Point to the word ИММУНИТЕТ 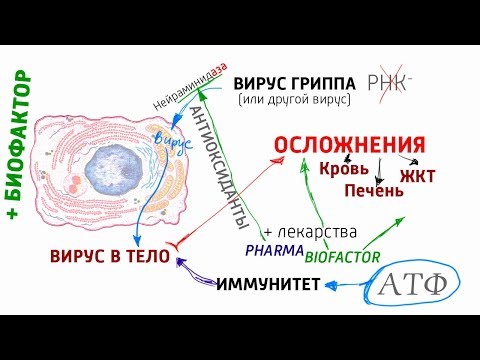pos(267,286)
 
